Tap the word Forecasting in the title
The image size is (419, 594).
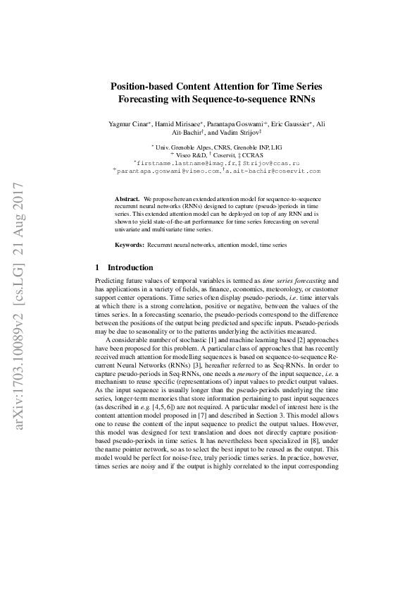[x=151, y=99]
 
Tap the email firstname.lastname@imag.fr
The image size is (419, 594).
[x=175, y=162]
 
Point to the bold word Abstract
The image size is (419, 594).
[x=127, y=200]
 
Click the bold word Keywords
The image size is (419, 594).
[x=129, y=245]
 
